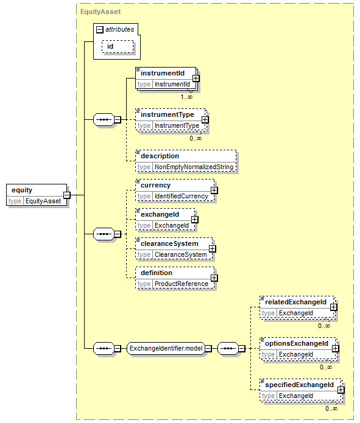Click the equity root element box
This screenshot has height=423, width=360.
point(37,195)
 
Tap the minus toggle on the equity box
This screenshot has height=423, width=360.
point(67,195)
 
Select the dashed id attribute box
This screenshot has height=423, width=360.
point(118,47)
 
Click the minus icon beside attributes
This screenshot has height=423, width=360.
point(100,29)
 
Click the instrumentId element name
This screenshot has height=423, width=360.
point(163,73)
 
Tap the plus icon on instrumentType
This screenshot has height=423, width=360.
point(205,119)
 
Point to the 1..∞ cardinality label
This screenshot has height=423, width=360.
point(186,97)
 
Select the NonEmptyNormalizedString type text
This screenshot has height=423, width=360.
point(194,167)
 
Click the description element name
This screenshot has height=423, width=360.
point(160,156)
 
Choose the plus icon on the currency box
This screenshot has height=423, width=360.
point(214,190)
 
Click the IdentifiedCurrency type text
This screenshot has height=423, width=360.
point(182,196)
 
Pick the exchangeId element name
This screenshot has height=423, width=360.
point(160,214)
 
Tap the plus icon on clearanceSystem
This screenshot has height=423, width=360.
point(212,248)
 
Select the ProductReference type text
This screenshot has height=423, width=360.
point(182,284)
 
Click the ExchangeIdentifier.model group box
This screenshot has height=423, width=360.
point(166,349)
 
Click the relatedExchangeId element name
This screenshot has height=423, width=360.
point(295,302)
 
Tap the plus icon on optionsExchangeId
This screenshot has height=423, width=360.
point(335,348)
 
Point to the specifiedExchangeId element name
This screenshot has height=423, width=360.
point(300,385)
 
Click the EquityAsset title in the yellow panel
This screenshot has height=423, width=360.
point(101,12)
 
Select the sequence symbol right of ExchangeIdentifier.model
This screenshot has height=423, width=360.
point(228,349)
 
